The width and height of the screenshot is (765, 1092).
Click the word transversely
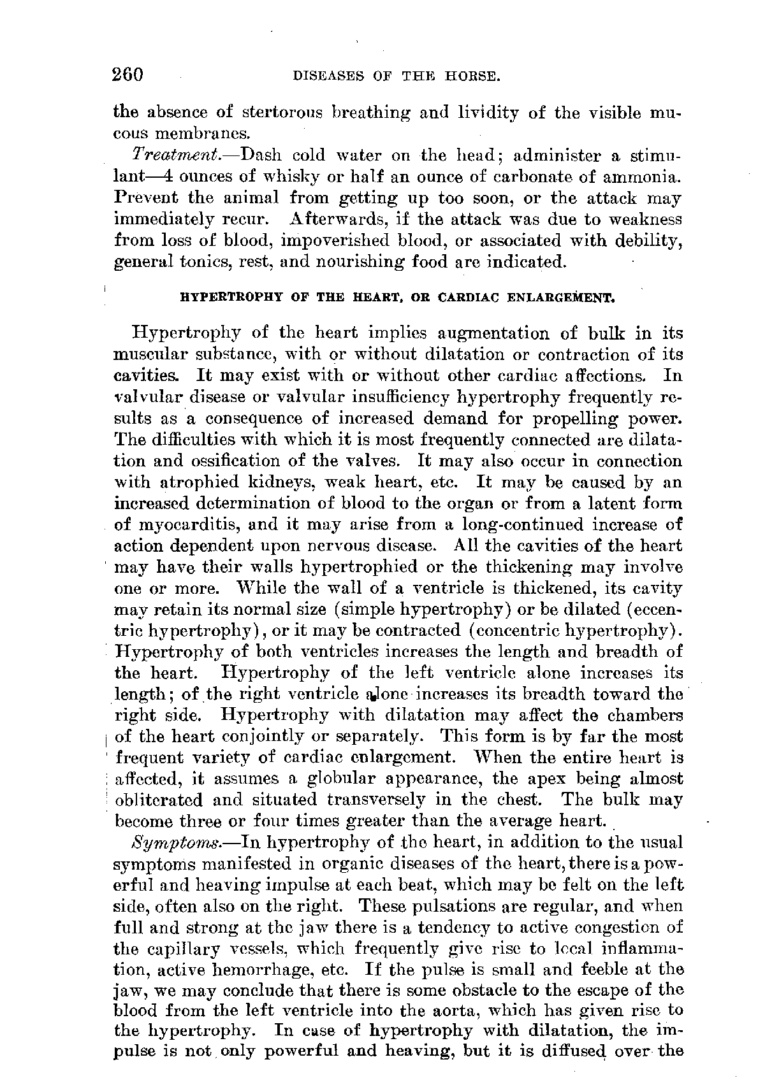375,800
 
